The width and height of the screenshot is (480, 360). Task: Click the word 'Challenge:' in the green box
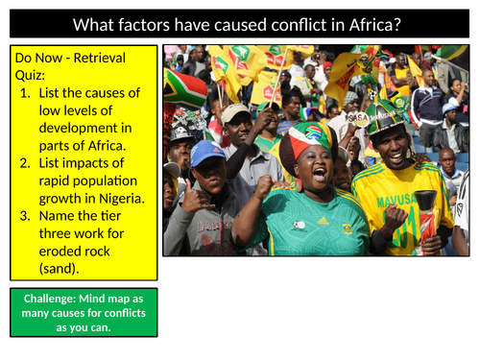tap(48, 297)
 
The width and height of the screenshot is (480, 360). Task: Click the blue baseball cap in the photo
tap(207, 152)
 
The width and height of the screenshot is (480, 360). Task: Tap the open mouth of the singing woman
tap(314, 176)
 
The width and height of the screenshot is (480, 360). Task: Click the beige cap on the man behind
tap(235, 113)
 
